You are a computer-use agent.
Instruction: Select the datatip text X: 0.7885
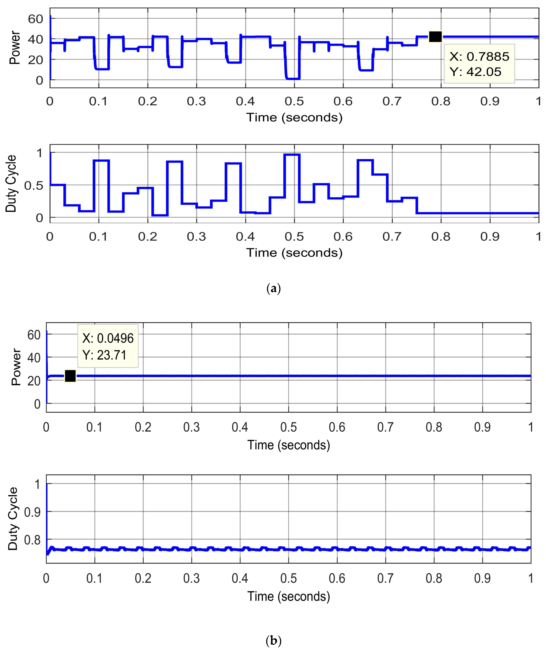coord(479,56)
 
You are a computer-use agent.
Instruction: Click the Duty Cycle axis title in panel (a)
coord(11,184)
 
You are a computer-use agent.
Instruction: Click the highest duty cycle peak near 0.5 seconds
coord(292,155)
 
